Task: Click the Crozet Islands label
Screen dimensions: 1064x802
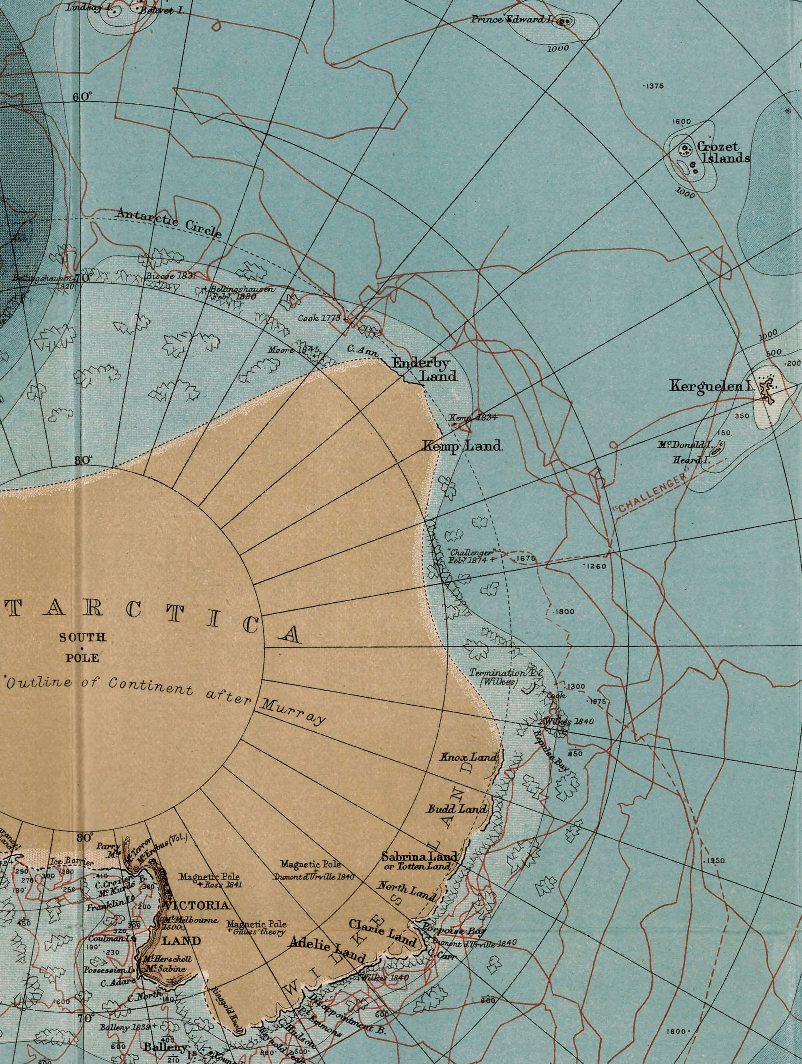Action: click(723, 152)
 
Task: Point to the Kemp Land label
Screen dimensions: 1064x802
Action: click(462, 446)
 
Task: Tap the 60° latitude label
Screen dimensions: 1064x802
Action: click(82, 97)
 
